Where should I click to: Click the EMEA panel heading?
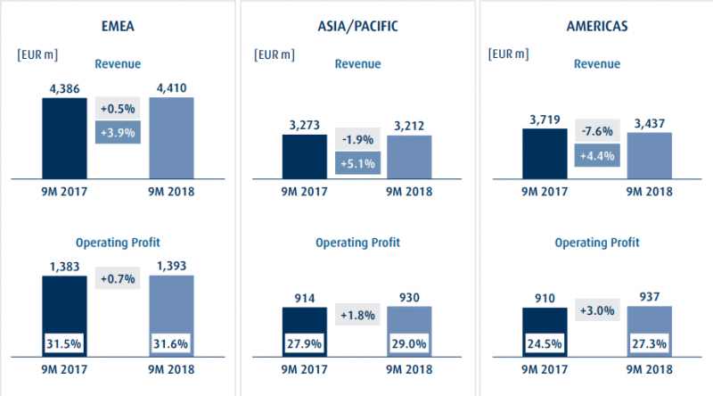119,26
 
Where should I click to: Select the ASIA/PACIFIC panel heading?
356,26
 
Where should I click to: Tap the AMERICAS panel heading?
594,26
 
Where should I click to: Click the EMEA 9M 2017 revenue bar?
64,138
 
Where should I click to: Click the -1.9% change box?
358,139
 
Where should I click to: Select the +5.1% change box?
358,163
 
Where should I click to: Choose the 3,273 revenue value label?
304,127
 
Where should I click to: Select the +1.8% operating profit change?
358,315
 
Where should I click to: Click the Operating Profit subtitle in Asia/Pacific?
357,243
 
